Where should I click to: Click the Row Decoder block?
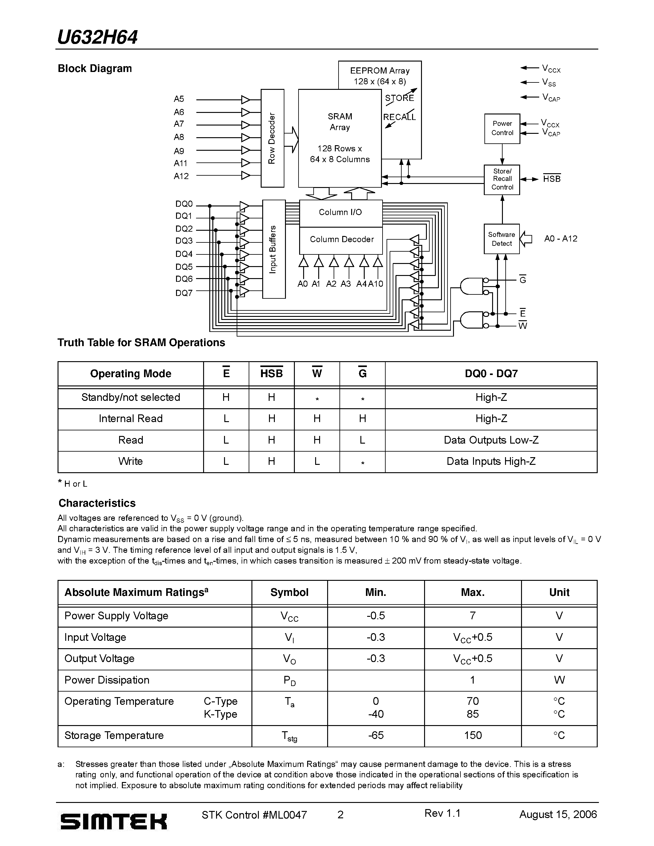pyautogui.click(x=272, y=138)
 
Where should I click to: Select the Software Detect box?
pyautogui.click(x=502, y=239)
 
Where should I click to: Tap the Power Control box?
pyautogui.click(x=502, y=129)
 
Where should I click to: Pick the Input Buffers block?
pyautogui.click(x=274, y=249)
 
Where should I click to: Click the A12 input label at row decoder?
pyautogui.click(x=181, y=176)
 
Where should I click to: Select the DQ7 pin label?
pyautogui.click(x=184, y=293)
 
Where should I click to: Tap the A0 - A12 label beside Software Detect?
pyautogui.click(x=560, y=239)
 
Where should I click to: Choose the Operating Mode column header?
pyautogui.click(x=130, y=374)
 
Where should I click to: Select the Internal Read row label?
pyautogui.click(x=130, y=419)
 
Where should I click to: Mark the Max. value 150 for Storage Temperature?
pyautogui.click(x=473, y=736)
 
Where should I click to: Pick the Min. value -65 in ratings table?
pyautogui.click(x=375, y=736)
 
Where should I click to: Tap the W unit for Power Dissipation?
pyautogui.click(x=559, y=680)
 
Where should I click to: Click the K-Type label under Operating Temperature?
pyautogui.click(x=220, y=714)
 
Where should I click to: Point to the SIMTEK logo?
pyautogui.click(x=114, y=822)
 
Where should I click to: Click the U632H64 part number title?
pyautogui.click(x=97, y=38)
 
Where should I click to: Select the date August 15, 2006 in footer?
pyautogui.click(x=558, y=815)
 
